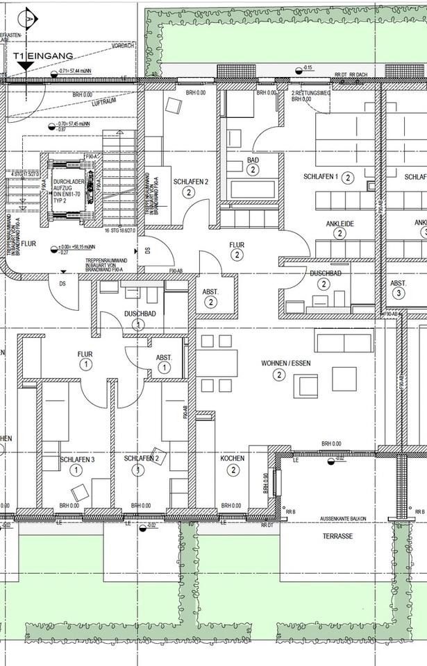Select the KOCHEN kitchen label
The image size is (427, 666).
point(233,459)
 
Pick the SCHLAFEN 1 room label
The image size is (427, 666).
point(320,177)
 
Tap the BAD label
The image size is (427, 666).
point(253,160)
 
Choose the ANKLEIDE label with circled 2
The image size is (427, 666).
point(340,223)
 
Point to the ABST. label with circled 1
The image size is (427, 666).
point(164,358)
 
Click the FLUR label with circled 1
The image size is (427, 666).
point(85,354)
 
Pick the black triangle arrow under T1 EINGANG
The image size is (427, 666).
point(26,66)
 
